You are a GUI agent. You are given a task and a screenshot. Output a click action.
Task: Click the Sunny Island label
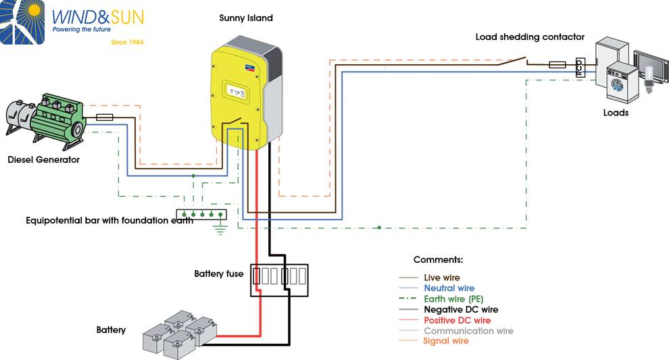pyautogui.click(x=246, y=18)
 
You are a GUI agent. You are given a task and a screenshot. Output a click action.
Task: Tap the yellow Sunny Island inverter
pyautogui.click(x=246, y=94)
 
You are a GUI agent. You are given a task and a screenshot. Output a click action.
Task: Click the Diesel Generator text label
pyautogui.click(x=43, y=159)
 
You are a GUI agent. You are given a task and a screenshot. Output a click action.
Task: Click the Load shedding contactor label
pyautogui.click(x=530, y=37)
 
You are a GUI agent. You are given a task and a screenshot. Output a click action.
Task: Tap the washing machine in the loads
pyautogui.click(x=622, y=82)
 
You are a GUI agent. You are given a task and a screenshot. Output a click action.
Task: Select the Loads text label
pyautogui.click(x=616, y=113)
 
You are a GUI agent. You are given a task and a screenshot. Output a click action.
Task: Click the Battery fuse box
pyautogui.click(x=279, y=280)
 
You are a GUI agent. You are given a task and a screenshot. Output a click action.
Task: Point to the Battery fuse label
pyautogui.click(x=218, y=274)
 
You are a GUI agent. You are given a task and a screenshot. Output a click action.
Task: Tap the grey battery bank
pyautogui.click(x=180, y=334)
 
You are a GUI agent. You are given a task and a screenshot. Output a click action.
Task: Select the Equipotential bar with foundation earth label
pyautogui.click(x=109, y=220)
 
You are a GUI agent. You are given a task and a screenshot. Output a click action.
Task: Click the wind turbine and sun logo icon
pyautogui.click(x=22, y=22)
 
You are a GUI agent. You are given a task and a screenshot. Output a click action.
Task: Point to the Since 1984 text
pyautogui.click(x=127, y=42)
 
